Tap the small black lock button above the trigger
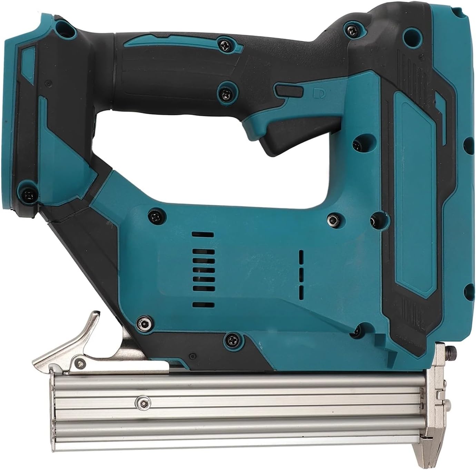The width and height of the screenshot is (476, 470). coord(288,91)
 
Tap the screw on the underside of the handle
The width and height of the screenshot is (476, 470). coord(226,92)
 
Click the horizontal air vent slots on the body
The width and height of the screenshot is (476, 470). coord(202,269)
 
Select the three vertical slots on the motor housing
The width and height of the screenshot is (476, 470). coord(301,274)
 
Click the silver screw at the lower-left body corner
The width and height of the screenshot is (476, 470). coord(143,323)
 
